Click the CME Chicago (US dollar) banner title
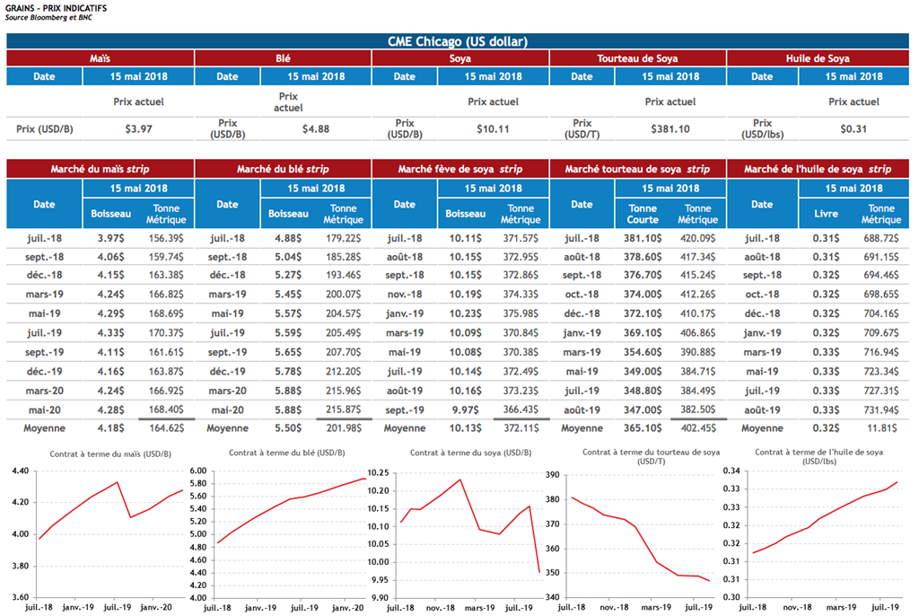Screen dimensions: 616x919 pos(458,41)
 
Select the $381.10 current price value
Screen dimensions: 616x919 pos(670,128)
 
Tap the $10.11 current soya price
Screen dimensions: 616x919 pos(493,128)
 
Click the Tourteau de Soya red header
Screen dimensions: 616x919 pos(637,58)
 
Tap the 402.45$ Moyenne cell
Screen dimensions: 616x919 pos(697,428)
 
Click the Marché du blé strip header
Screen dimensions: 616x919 pos(283,169)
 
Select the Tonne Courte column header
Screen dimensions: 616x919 pos(643,214)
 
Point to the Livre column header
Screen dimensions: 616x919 pos(826,214)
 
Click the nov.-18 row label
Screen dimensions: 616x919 pos(405,293)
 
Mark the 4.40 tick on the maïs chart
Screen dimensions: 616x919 pos(20,471)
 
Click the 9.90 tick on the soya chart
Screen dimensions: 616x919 pos(378,597)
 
